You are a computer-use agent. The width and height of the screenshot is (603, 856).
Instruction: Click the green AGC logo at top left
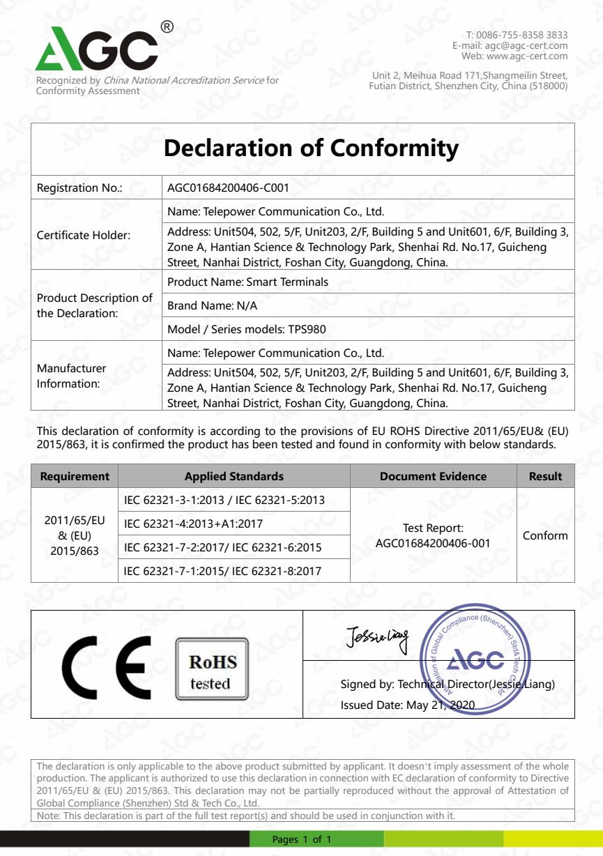pos(98,50)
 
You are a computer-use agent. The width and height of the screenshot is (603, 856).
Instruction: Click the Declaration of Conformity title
pos(310,148)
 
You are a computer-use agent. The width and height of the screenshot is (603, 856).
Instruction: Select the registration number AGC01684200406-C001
pos(229,188)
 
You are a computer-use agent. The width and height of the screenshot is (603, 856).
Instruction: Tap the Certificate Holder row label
pos(84,235)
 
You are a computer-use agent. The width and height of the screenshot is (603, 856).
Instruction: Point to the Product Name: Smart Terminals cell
pos(248,282)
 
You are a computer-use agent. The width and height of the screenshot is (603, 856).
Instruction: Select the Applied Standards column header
pos(234,477)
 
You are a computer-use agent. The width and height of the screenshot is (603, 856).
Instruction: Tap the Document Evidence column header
pos(433,477)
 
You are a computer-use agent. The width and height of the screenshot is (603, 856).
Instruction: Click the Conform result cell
pos(545,535)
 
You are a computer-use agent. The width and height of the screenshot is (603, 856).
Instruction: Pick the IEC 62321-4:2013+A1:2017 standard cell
pos(193,523)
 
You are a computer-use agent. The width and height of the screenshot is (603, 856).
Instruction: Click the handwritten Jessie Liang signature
pos(377,635)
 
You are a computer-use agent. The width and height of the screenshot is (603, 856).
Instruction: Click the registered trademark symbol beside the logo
pos(167,27)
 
